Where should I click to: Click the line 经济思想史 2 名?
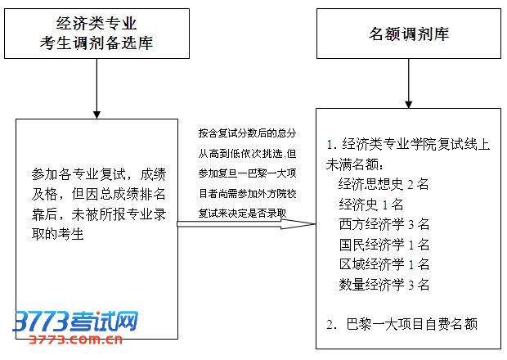pos(384,183)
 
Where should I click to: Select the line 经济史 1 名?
pos(371,204)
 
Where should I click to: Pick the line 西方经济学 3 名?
pos(384,224)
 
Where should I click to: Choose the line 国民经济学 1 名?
pos(384,245)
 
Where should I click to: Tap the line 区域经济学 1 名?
pos(384,264)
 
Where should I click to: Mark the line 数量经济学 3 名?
pos(384,285)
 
